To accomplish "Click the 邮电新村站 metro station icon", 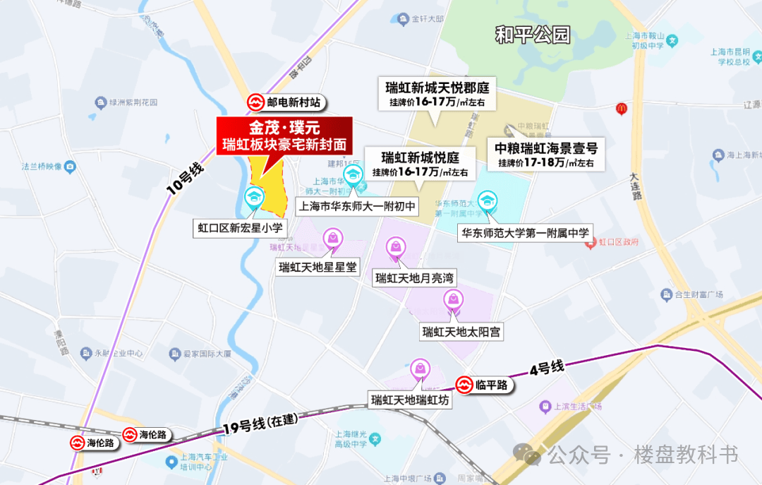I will point(255,102).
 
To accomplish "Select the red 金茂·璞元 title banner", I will point(284,136).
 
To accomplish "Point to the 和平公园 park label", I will point(532,35).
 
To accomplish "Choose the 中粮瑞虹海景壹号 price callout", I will point(546,155).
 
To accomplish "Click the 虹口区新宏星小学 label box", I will point(240,227).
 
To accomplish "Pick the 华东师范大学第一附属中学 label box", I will point(525,231).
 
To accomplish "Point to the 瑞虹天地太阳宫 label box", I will point(461,331).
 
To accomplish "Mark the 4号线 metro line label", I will point(547,369).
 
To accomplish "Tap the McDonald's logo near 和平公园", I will point(622,109).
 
